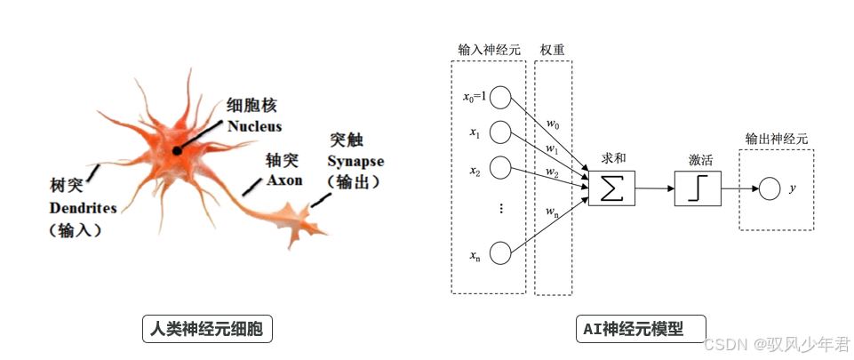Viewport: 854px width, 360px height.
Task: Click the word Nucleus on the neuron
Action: [254, 126]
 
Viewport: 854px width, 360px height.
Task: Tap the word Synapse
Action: [355, 162]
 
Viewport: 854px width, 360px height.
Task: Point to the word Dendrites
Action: [84, 208]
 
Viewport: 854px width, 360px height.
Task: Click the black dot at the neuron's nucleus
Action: [178, 150]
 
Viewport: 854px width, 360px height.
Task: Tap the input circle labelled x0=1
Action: [500, 97]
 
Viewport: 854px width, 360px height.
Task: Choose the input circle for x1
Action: [500, 133]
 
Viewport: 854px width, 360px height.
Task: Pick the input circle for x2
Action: [500, 168]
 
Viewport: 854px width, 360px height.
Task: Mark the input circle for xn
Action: [500, 252]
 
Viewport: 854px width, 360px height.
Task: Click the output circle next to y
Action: [768, 188]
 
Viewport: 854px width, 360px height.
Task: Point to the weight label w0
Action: [552, 123]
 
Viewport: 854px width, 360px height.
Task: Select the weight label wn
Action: [552, 211]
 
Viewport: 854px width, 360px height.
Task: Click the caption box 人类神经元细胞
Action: [208, 330]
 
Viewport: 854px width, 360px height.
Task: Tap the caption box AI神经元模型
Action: [640, 328]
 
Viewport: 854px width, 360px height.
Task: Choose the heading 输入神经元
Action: [489, 50]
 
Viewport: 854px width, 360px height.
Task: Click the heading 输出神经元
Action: [777, 139]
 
